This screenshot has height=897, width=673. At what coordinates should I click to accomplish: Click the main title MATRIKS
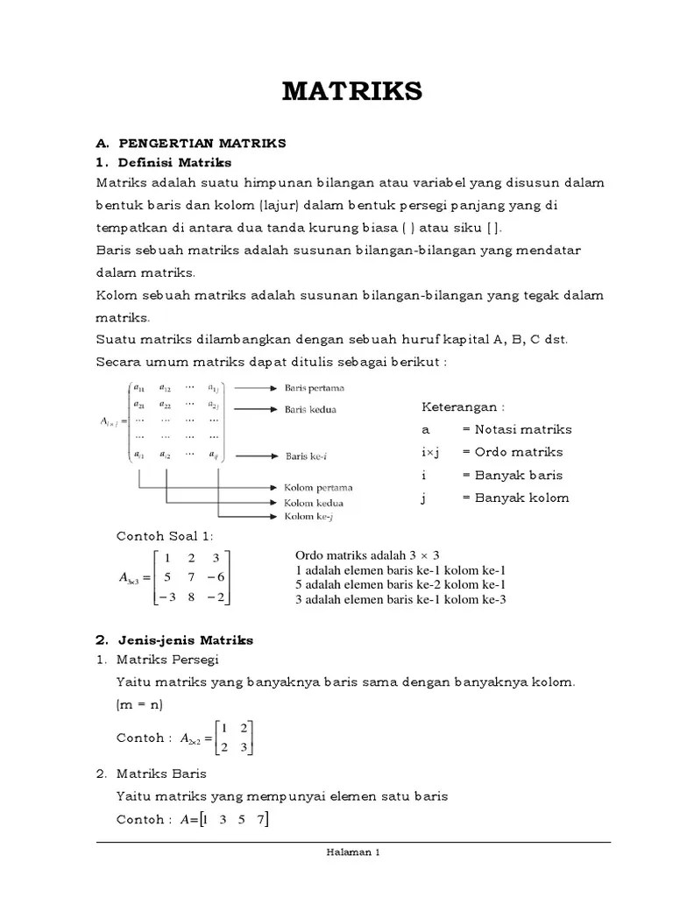(x=352, y=90)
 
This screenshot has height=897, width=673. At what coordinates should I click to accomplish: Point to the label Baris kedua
(x=310, y=408)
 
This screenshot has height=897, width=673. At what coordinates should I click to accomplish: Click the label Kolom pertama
(x=318, y=487)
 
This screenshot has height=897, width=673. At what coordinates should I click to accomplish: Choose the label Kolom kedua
(x=313, y=503)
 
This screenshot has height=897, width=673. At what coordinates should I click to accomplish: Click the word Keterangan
(x=463, y=406)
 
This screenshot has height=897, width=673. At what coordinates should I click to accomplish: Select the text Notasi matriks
(x=523, y=429)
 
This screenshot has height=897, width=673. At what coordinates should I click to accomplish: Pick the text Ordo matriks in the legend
(x=519, y=452)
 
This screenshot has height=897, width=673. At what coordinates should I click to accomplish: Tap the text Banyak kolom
(x=521, y=498)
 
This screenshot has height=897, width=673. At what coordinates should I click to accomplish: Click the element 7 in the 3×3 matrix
(x=190, y=577)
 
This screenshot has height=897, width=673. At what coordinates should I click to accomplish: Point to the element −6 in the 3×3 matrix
(x=216, y=577)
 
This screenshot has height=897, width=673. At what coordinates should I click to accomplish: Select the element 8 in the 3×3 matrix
(x=190, y=597)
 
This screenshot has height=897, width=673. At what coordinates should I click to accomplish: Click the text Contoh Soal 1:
(x=165, y=535)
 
